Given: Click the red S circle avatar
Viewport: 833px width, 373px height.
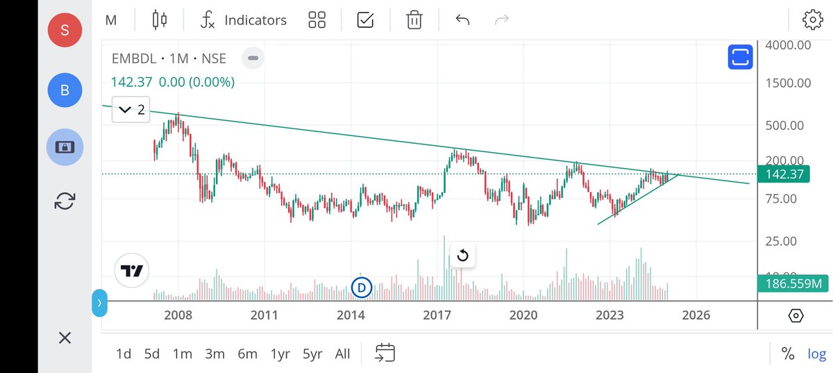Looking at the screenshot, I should tap(65, 30).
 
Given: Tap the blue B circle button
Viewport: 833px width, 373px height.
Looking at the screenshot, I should tap(65, 90).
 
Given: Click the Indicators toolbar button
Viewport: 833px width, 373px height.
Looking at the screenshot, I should tap(243, 20).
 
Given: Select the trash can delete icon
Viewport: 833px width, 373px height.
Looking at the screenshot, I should tap(414, 20).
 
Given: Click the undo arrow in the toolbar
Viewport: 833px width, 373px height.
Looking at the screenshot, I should tap(462, 20).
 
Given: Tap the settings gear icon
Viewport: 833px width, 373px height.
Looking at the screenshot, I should tap(812, 20).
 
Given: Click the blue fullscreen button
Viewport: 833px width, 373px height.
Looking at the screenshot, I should tap(740, 58).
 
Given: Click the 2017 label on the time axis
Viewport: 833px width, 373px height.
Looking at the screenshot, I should tap(437, 315).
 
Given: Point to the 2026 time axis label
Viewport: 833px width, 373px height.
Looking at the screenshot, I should tap(696, 315).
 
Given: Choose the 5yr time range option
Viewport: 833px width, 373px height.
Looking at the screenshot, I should tap(312, 354).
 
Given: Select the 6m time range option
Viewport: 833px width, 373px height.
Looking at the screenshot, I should tap(247, 354).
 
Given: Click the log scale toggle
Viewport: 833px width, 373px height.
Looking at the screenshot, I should tap(816, 354).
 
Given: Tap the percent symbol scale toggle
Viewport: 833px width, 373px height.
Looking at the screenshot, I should tap(787, 354).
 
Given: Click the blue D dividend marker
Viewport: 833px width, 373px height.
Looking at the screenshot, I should tap(361, 286).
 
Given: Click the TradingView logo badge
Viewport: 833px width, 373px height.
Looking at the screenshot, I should tap(132, 270).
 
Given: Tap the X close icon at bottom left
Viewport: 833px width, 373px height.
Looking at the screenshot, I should tap(65, 338).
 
